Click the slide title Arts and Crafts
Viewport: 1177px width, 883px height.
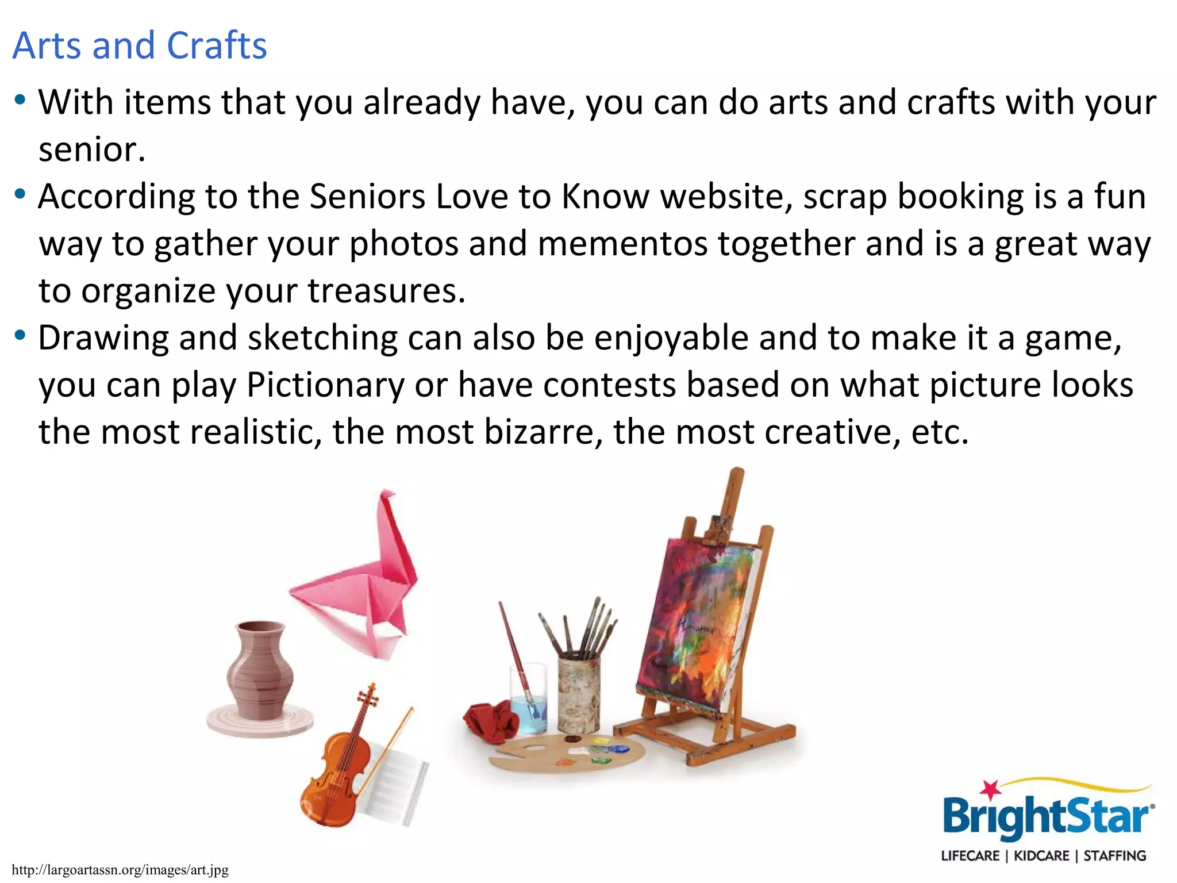click(140, 45)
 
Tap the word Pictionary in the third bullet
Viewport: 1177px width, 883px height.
click(325, 385)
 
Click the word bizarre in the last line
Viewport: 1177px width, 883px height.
click(538, 432)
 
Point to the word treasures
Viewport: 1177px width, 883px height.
click(386, 291)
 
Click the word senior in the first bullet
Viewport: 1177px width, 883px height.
click(91, 149)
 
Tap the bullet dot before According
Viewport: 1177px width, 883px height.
click(21, 194)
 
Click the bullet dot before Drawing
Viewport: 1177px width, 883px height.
click(21, 335)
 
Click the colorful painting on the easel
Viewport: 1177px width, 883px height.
click(695, 627)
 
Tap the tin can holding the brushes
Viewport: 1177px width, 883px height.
click(579, 696)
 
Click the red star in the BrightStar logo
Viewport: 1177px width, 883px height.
click(990, 790)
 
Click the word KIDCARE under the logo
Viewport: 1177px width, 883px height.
click(1041, 856)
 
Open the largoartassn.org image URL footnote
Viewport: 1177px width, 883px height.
click(120, 870)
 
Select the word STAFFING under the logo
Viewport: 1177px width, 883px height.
click(1115, 856)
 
